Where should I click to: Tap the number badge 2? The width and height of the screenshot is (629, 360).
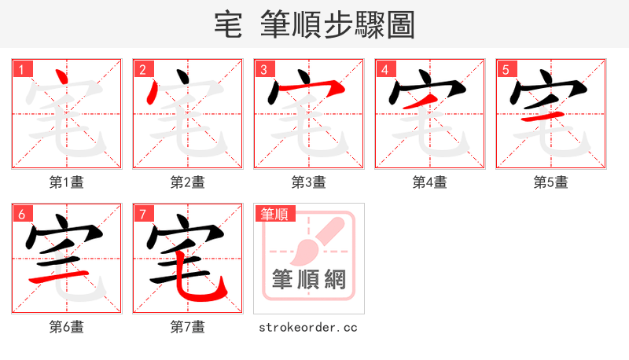tap(142, 69)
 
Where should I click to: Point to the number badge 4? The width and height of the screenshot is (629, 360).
tap(385, 69)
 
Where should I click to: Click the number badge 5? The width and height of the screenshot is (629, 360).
tap(506, 69)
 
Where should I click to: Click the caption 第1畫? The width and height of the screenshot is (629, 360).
tap(67, 182)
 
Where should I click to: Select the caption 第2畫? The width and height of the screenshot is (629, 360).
tap(188, 182)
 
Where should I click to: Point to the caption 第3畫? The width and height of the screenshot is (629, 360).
tap(309, 182)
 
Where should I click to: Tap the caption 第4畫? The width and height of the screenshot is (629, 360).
tap(430, 182)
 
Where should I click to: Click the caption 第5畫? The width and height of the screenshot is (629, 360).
tap(550, 182)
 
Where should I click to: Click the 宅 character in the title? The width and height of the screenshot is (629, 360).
tap(228, 24)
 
